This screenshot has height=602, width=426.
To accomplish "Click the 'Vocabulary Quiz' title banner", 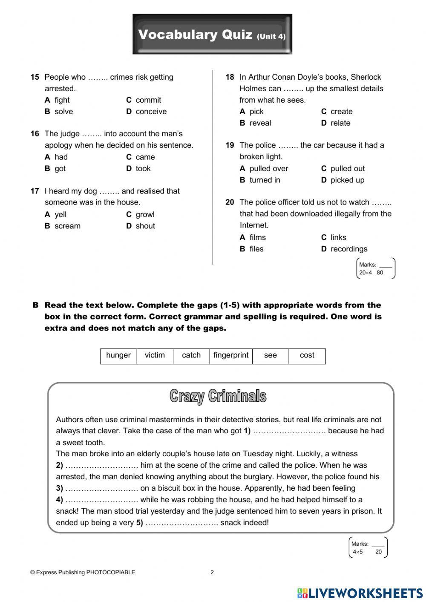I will pyautogui.click(x=212, y=35).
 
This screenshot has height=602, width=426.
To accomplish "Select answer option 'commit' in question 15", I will pyautogui.click(x=148, y=100).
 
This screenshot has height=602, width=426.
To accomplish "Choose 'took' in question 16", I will pyautogui.click(x=143, y=169).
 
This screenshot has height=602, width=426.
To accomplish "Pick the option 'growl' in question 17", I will pyautogui.click(x=145, y=215).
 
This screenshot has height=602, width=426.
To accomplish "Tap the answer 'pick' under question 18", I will pyautogui.click(x=256, y=112).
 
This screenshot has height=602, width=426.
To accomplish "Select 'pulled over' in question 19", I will pyautogui.click(x=268, y=169).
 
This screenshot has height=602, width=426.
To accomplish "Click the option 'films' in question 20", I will pyautogui.click(x=257, y=238).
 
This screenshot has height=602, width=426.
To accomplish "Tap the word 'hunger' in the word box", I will pyautogui.click(x=118, y=355).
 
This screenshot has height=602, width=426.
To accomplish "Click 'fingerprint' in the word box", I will pyautogui.click(x=231, y=355).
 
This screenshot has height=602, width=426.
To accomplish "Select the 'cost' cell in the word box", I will pyautogui.click(x=307, y=355).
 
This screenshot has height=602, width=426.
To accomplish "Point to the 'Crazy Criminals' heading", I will pyautogui.click(x=218, y=396).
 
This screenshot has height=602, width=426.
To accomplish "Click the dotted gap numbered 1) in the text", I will pyautogui.click(x=290, y=431).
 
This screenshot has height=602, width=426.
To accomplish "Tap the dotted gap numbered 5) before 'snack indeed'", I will pyautogui.click(x=182, y=523).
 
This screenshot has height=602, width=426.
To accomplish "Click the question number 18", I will pyautogui.click(x=230, y=77).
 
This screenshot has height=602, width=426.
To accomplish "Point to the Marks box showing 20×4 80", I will pyautogui.click(x=376, y=268).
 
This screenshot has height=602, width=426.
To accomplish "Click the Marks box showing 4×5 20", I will pyautogui.click(x=368, y=548).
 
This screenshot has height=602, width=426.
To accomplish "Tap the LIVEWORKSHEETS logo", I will pyautogui.click(x=360, y=593).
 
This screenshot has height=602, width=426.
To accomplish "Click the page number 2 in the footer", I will pyautogui.click(x=212, y=572).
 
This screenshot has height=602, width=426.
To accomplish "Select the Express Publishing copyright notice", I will pyautogui.click(x=83, y=572).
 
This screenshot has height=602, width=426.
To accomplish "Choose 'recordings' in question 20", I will pyautogui.click(x=348, y=249).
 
